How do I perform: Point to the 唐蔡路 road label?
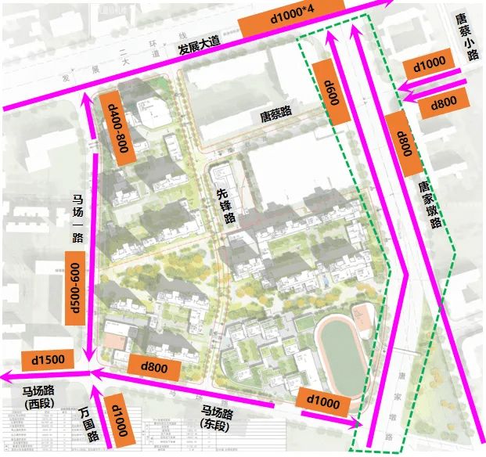(x=275, y=113)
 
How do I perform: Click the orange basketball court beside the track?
(x=363, y=317)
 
